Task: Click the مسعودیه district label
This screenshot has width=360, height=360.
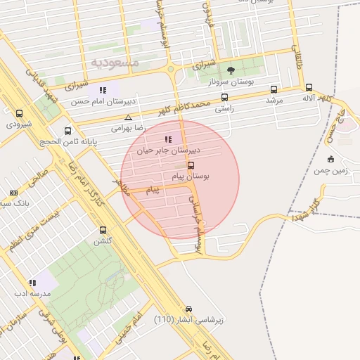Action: point(115,63)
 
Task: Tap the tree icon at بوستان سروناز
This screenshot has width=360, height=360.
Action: point(231,70)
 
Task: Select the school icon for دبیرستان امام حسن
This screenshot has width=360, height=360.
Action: point(103,90)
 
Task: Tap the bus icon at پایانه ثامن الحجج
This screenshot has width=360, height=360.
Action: point(68,130)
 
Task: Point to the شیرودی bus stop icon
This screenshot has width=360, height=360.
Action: point(19,113)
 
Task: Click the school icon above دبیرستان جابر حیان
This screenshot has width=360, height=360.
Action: point(167,139)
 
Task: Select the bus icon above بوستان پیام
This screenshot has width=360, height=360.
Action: point(191,165)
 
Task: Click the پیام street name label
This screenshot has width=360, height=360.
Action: point(153,190)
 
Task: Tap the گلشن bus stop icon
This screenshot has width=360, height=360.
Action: point(103,230)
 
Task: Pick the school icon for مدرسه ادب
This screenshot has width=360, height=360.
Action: point(32,283)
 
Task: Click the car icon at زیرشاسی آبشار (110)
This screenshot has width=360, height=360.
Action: point(188,309)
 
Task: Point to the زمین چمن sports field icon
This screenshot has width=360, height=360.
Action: point(330,159)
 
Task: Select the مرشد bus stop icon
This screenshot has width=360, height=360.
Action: point(274,89)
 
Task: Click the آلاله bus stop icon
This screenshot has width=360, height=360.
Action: point(309,88)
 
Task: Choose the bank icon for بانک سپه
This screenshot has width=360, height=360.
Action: point(13,193)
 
